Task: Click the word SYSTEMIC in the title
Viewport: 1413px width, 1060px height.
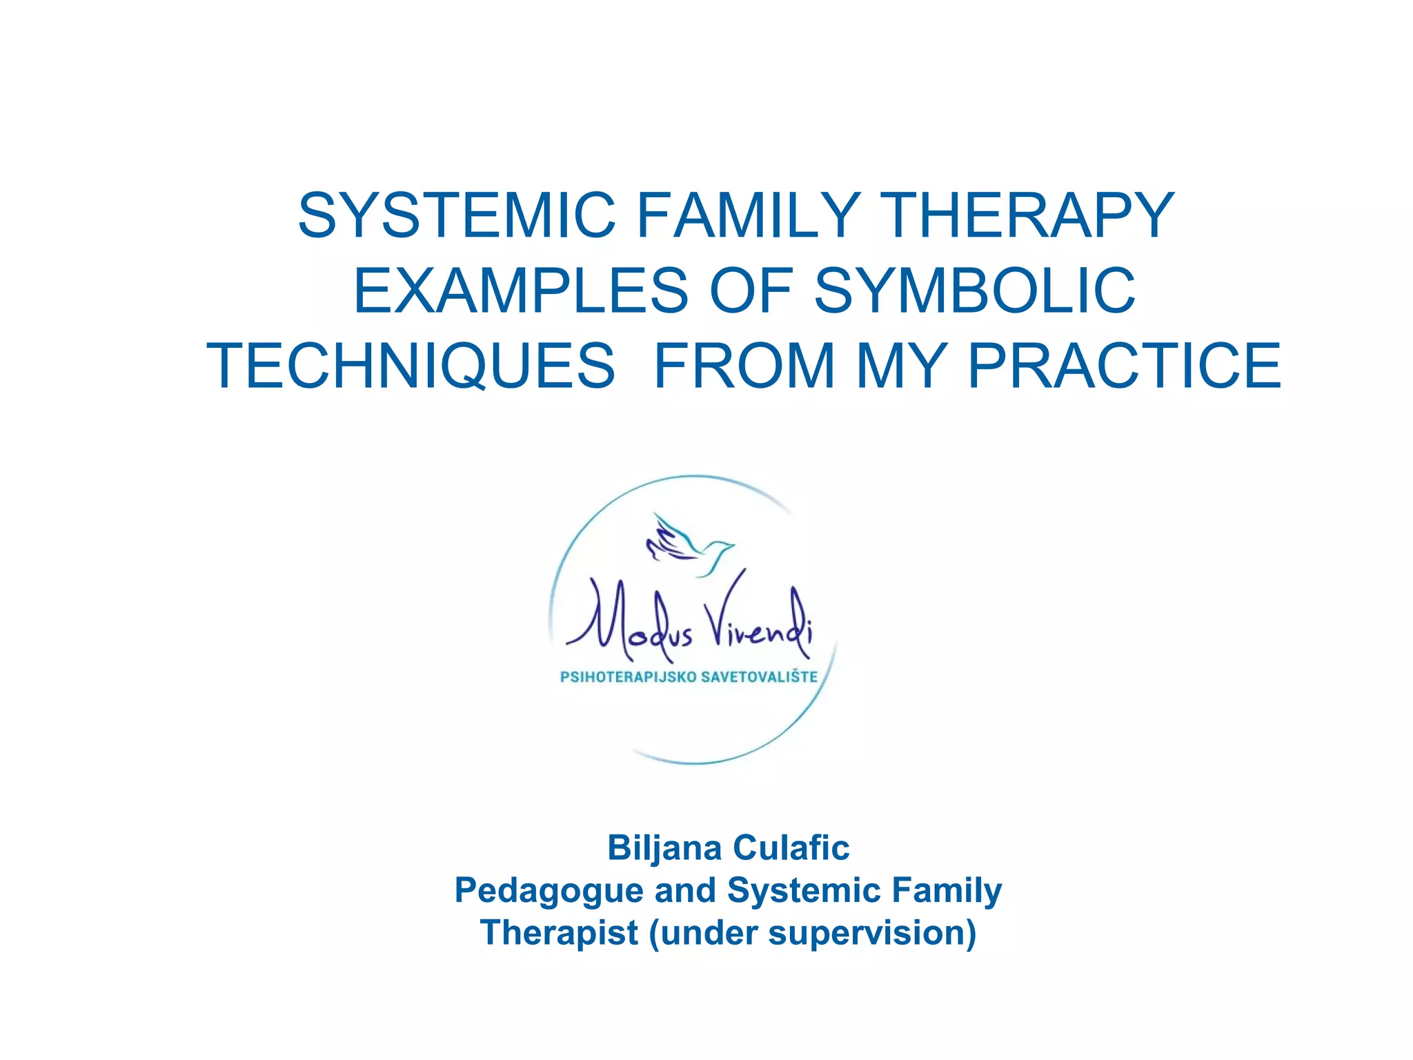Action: coord(456,215)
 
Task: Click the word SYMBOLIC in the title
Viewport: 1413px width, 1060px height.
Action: coord(974,291)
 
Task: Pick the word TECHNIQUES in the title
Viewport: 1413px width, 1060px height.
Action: coord(411,366)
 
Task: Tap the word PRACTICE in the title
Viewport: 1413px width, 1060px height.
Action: coord(1125,366)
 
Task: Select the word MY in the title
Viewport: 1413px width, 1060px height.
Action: coord(901,366)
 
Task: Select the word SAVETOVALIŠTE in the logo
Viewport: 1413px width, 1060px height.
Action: coord(759,676)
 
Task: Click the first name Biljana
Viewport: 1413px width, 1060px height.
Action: coord(664,847)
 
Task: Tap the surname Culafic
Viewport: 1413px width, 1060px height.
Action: coord(791,847)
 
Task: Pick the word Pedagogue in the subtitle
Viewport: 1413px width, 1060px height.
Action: coord(549,891)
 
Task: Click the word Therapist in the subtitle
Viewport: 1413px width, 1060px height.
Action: coord(559,933)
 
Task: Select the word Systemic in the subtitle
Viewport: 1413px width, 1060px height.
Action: coord(804,890)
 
